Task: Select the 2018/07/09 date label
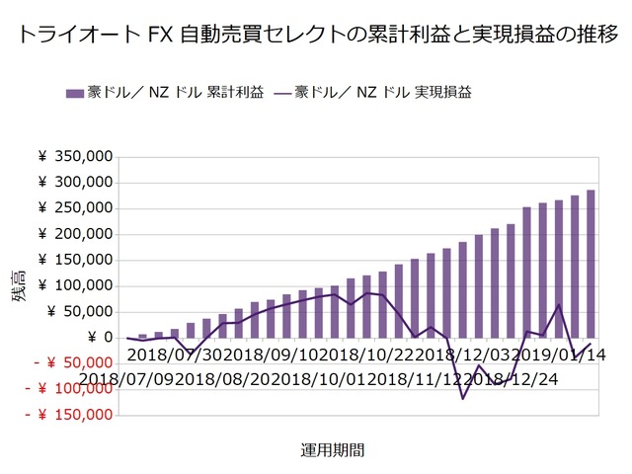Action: [x=127, y=378]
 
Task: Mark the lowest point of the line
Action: [x=462, y=399]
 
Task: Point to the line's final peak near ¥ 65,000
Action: [x=559, y=304]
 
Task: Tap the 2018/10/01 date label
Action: [x=326, y=378]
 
